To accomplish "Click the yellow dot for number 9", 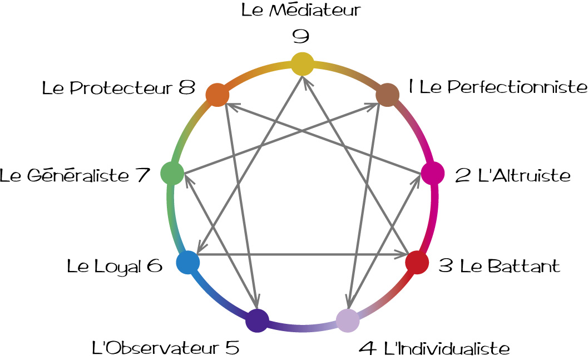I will (302, 63).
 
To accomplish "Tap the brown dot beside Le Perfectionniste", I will (387, 95).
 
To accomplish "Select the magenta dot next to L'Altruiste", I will (432, 173).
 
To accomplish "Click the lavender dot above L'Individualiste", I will (348, 320).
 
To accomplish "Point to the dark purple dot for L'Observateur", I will (257, 321).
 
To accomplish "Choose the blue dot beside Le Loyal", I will (187, 262).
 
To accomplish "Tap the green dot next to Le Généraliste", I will (172, 173).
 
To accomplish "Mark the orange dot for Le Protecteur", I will (217, 95).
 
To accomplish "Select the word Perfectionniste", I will (504, 87).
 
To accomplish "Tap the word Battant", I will (523, 266).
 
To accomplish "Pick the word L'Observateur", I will (155, 349).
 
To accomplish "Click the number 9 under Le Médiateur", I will (301, 36).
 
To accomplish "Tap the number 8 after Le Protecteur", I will (187, 88).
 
